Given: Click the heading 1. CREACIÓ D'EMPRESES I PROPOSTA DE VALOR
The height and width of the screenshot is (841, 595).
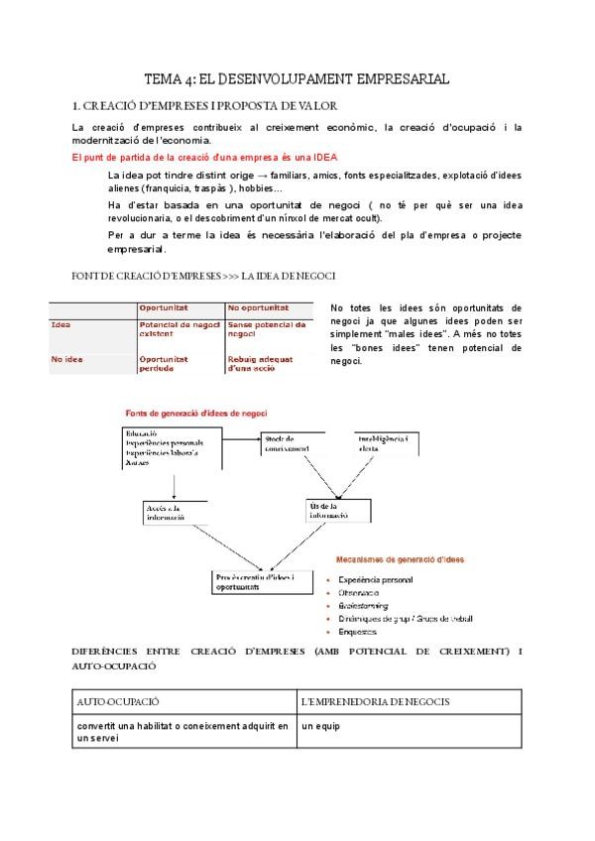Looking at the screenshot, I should click(205, 105).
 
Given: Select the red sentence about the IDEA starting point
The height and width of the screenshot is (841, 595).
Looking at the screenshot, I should click(204, 157).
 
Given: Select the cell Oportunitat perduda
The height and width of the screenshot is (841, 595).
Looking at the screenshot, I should click(171, 363).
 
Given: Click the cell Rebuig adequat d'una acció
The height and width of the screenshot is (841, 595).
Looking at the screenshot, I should click(262, 363).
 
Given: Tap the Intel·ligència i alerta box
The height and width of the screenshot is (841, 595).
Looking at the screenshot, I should click(384, 443).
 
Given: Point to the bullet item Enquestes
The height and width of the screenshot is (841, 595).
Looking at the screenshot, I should click(357, 631).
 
